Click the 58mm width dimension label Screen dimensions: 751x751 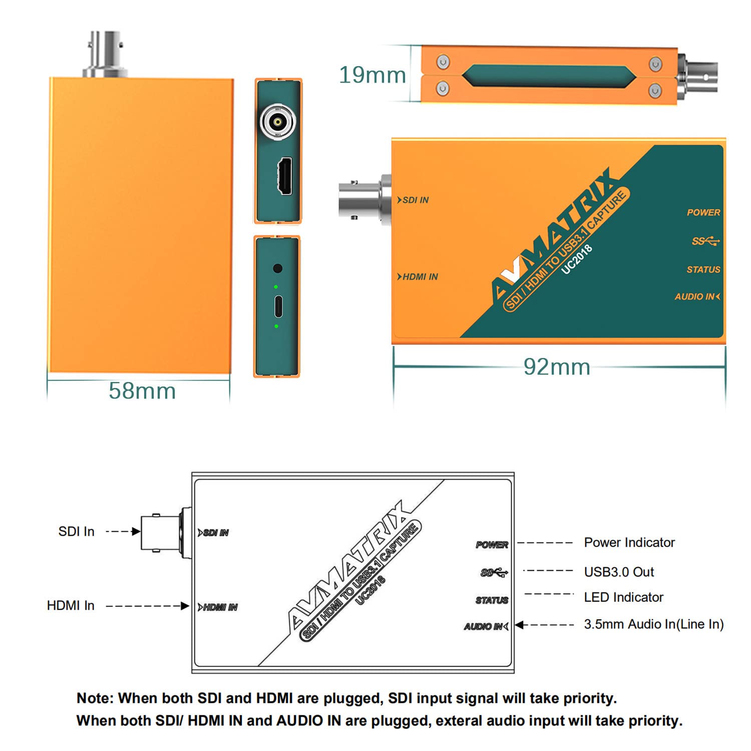(142, 391)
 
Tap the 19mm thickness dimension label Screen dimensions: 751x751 (372, 75)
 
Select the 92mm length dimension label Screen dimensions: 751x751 (557, 367)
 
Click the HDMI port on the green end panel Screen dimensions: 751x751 (285, 176)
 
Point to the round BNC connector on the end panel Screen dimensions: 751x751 (278, 121)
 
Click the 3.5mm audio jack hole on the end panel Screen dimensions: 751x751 (278, 268)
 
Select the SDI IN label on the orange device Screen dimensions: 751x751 (414, 200)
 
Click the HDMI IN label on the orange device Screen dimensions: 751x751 (418, 277)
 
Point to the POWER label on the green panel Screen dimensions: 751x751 (703, 213)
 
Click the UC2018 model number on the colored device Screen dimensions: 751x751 (577, 259)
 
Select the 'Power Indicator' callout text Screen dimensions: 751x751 (629, 543)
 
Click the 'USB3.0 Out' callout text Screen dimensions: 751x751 (619, 572)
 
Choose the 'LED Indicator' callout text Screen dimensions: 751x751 (623, 597)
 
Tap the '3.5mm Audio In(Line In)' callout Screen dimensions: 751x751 (653, 624)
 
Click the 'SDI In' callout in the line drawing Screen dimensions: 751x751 (76, 532)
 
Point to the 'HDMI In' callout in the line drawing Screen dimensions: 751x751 (71, 606)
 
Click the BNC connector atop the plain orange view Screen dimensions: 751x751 (105, 54)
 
